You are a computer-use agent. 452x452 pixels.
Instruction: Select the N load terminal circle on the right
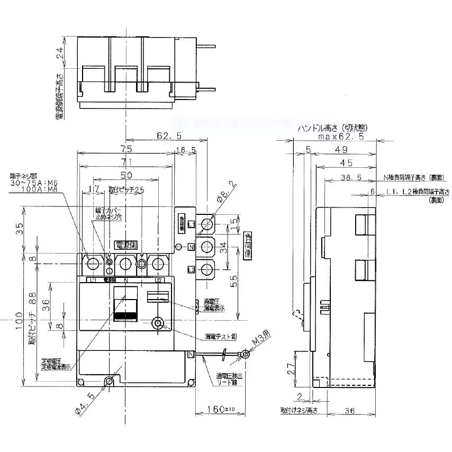[x=206, y=247]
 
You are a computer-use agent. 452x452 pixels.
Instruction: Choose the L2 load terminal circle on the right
[x=206, y=269]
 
